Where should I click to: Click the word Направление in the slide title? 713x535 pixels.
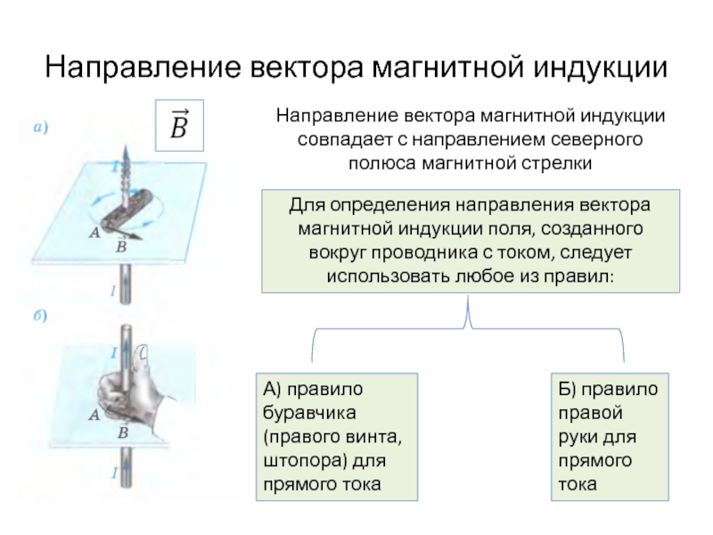[143, 67]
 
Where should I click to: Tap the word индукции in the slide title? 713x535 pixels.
[600, 69]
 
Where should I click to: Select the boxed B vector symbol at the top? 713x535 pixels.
[179, 125]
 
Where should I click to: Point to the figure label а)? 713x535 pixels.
[41, 127]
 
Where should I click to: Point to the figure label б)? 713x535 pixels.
[40, 315]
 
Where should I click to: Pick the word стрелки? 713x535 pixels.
[556, 163]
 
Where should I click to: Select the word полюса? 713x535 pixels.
[382, 163]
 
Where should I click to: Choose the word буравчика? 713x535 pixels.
[309, 413]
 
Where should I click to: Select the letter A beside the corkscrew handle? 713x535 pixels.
[94, 233]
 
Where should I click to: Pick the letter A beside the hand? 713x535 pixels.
[94, 415]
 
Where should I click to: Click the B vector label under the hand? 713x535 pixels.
[122, 430]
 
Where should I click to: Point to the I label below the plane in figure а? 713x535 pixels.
[113, 291]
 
